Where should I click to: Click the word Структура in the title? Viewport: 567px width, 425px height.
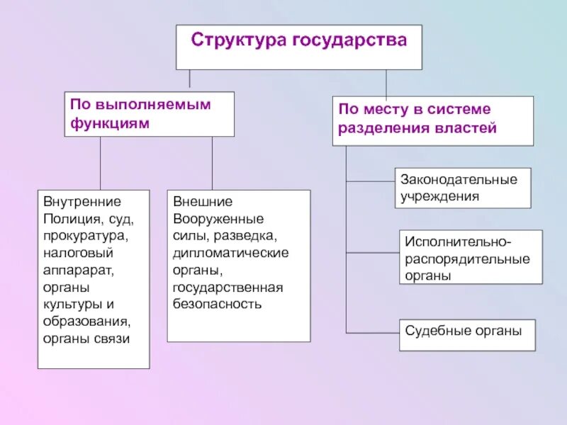pyautogui.click(x=239, y=40)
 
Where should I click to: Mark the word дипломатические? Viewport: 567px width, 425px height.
pyautogui.click(x=230, y=253)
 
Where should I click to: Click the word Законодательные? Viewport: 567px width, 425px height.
pyautogui.click(x=459, y=179)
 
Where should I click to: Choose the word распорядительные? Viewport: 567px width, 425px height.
pyautogui.click(x=468, y=259)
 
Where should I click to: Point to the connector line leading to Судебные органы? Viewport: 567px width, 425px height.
pyautogui.click(x=372, y=332)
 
